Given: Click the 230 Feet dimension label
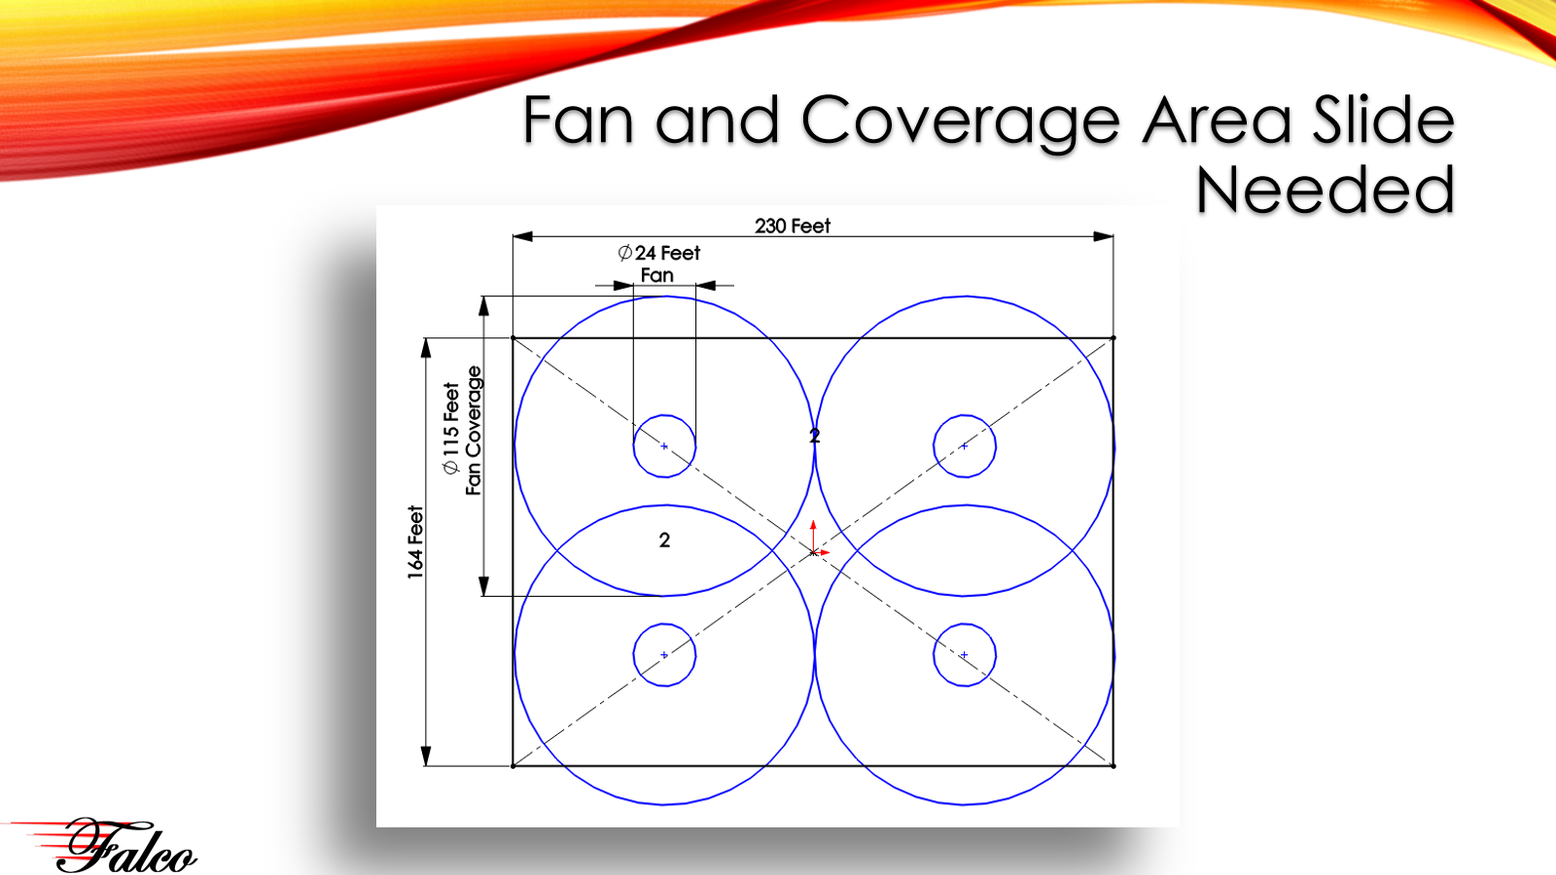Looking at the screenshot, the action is [x=793, y=226].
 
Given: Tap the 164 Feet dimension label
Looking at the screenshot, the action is [x=415, y=542].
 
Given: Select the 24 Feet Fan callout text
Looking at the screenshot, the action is [x=658, y=263].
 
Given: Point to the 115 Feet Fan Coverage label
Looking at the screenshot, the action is [x=463, y=430].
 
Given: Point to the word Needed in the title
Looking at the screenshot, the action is [x=1325, y=190].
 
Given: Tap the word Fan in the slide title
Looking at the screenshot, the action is [x=578, y=120].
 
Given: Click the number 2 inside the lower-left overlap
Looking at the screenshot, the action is [x=665, y=540].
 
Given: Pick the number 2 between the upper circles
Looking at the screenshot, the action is [x=815, y=436].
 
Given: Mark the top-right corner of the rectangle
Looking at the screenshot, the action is [x=1113, y=338].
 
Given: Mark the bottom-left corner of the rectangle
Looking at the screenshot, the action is [x=513, y=766].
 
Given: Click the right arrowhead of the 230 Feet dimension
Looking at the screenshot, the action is [x=1103, y=237].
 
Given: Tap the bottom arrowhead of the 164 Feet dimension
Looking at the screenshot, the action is [x=426, y=756].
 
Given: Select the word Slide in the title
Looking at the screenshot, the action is [x=1382, y=120].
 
